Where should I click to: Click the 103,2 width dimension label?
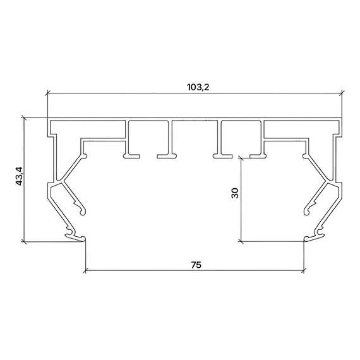coord(198,88)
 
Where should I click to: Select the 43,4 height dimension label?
coord(19,176)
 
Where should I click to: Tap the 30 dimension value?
coord(235,193)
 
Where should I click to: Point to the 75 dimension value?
coord(196,265)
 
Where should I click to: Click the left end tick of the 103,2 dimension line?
coord(47,93)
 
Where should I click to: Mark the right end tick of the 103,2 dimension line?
coord(342,93)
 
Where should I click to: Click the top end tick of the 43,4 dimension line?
coord(24,118)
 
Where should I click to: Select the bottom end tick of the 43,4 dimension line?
coord(24,241)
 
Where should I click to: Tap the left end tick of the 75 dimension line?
coord(85,270)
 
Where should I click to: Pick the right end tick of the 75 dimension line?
coord(304,270)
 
